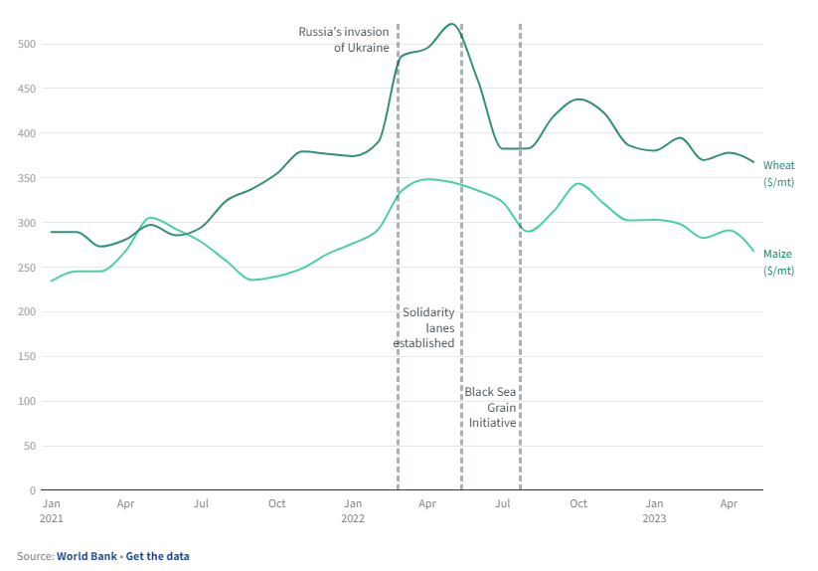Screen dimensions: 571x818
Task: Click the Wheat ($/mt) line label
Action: pyautogui.click(x=778, y=173)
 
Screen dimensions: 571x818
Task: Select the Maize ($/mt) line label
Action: pyautogui.click(x=778, y=262)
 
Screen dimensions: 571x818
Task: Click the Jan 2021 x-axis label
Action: pyautogui.click(x=52, y=510)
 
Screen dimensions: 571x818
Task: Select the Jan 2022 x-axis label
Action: pyautogui.click(x=353, y=510)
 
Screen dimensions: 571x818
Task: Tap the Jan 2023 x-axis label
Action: pyautogui.click(x=654, y=510)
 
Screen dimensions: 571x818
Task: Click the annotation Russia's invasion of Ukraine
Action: pyautogui.click(x=344, y=40)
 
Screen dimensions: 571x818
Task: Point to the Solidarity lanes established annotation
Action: pyautogui.click(x=424, y=327)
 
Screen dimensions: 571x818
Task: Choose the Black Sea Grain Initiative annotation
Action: pyautogui.click(x=491, y=407)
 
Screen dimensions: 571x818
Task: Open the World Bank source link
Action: pyautogui.click(x=85, y=556)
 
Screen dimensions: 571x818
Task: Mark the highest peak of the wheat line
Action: pyautogui.click(x=451, y=24)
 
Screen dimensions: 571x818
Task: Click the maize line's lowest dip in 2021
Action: pyautogui.click(x=251, y=281)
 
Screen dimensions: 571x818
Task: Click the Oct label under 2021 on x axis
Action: pyautogui.click(x=277, y=503)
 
